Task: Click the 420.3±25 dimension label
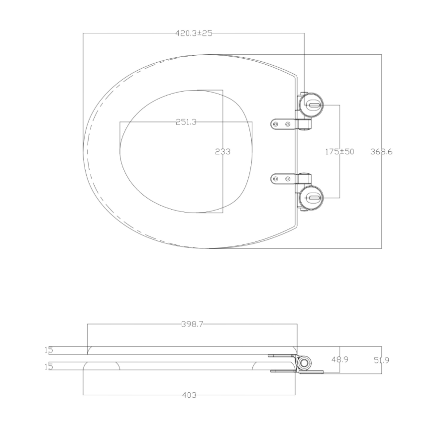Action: [x=194, y=33]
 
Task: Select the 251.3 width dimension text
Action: [x=186, y=122]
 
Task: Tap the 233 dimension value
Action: [x=223, y=152]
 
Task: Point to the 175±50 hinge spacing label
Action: [x=339, y=152]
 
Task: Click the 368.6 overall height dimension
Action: [x=381, y=152]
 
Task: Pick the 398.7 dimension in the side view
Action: [x=192, y=324]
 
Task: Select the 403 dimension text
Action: [x=190, y=395]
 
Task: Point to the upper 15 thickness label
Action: [x=48, y=350]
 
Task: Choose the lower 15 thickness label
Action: [x=48, y=367]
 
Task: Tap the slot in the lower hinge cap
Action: [x=313, y=198]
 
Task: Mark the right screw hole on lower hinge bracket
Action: [x=288, y=179]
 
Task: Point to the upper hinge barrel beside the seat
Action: [x=304, y=123]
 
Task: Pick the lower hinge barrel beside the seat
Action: [x=304, y=179]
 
